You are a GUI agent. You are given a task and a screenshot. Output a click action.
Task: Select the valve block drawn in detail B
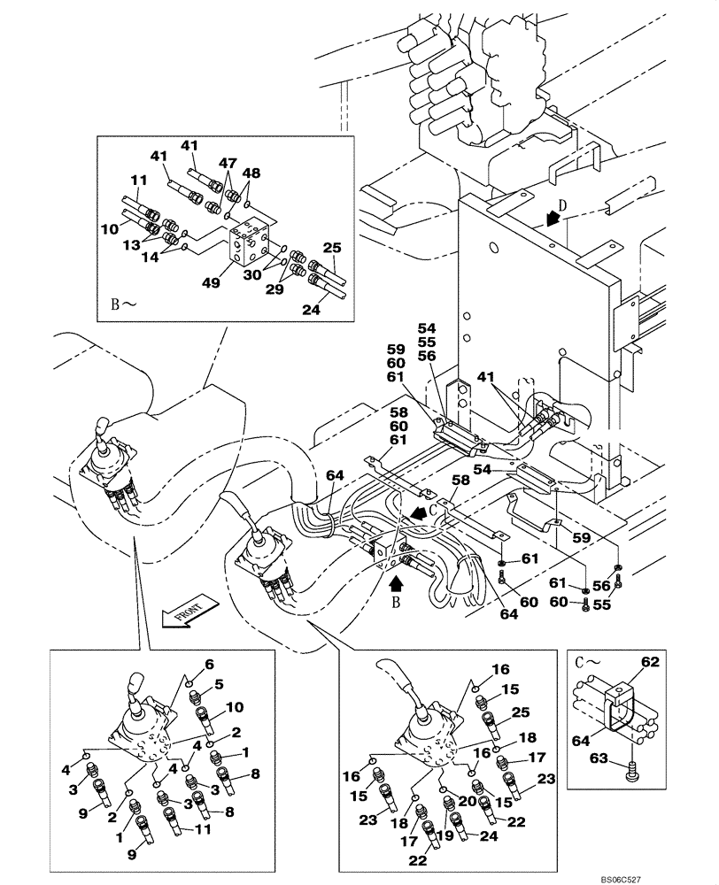pos(251,242)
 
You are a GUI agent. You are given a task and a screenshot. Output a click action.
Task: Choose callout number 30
pos(253,275)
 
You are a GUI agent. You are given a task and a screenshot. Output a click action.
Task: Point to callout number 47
pos(228,164)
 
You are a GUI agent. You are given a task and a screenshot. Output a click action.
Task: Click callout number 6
pos(209,664)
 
